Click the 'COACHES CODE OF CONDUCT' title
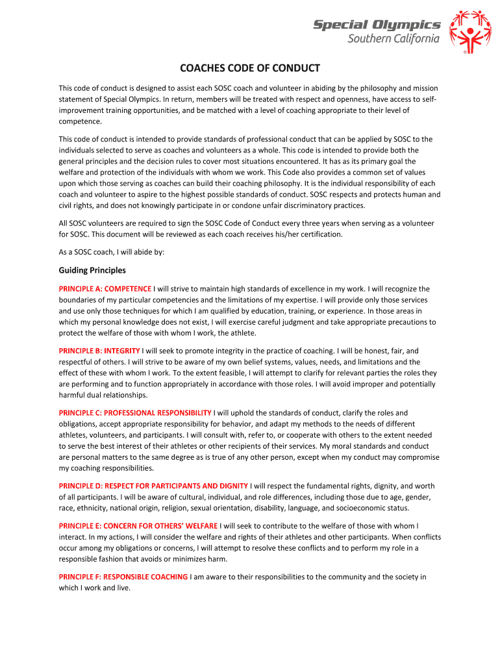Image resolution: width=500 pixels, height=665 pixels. [250, 68]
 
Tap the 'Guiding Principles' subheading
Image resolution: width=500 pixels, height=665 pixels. [92, 270]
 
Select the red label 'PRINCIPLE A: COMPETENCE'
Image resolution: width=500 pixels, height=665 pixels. [105, 288]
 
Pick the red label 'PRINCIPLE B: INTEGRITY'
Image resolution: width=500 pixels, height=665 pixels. [99, 351]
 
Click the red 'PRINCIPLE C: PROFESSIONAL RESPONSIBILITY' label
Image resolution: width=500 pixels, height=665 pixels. [135, 412]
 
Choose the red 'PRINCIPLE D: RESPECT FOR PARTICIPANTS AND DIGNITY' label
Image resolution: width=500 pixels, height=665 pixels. [153, 486]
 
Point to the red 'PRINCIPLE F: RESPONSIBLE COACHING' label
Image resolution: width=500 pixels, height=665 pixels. [123, 577]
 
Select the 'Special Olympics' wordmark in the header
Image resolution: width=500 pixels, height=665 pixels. [377, 25]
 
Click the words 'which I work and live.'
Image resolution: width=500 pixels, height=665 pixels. [95, 588]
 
